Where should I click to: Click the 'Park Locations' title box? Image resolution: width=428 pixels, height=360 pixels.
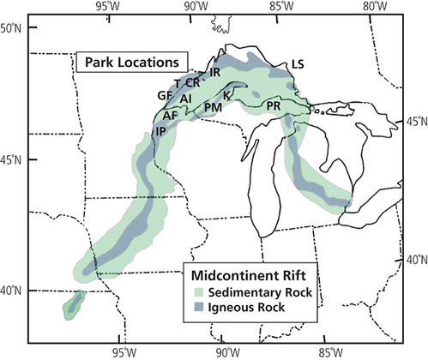130,63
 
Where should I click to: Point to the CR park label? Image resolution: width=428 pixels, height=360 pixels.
193,83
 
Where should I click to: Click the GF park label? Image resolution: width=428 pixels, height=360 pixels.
165,96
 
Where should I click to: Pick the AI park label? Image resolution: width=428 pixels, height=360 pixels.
186,99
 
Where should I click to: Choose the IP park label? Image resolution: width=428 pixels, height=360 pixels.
160,130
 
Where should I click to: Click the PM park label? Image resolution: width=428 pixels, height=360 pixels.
214,107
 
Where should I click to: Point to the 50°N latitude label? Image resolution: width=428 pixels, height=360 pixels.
12,28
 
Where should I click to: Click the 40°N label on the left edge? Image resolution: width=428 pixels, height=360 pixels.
12,292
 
